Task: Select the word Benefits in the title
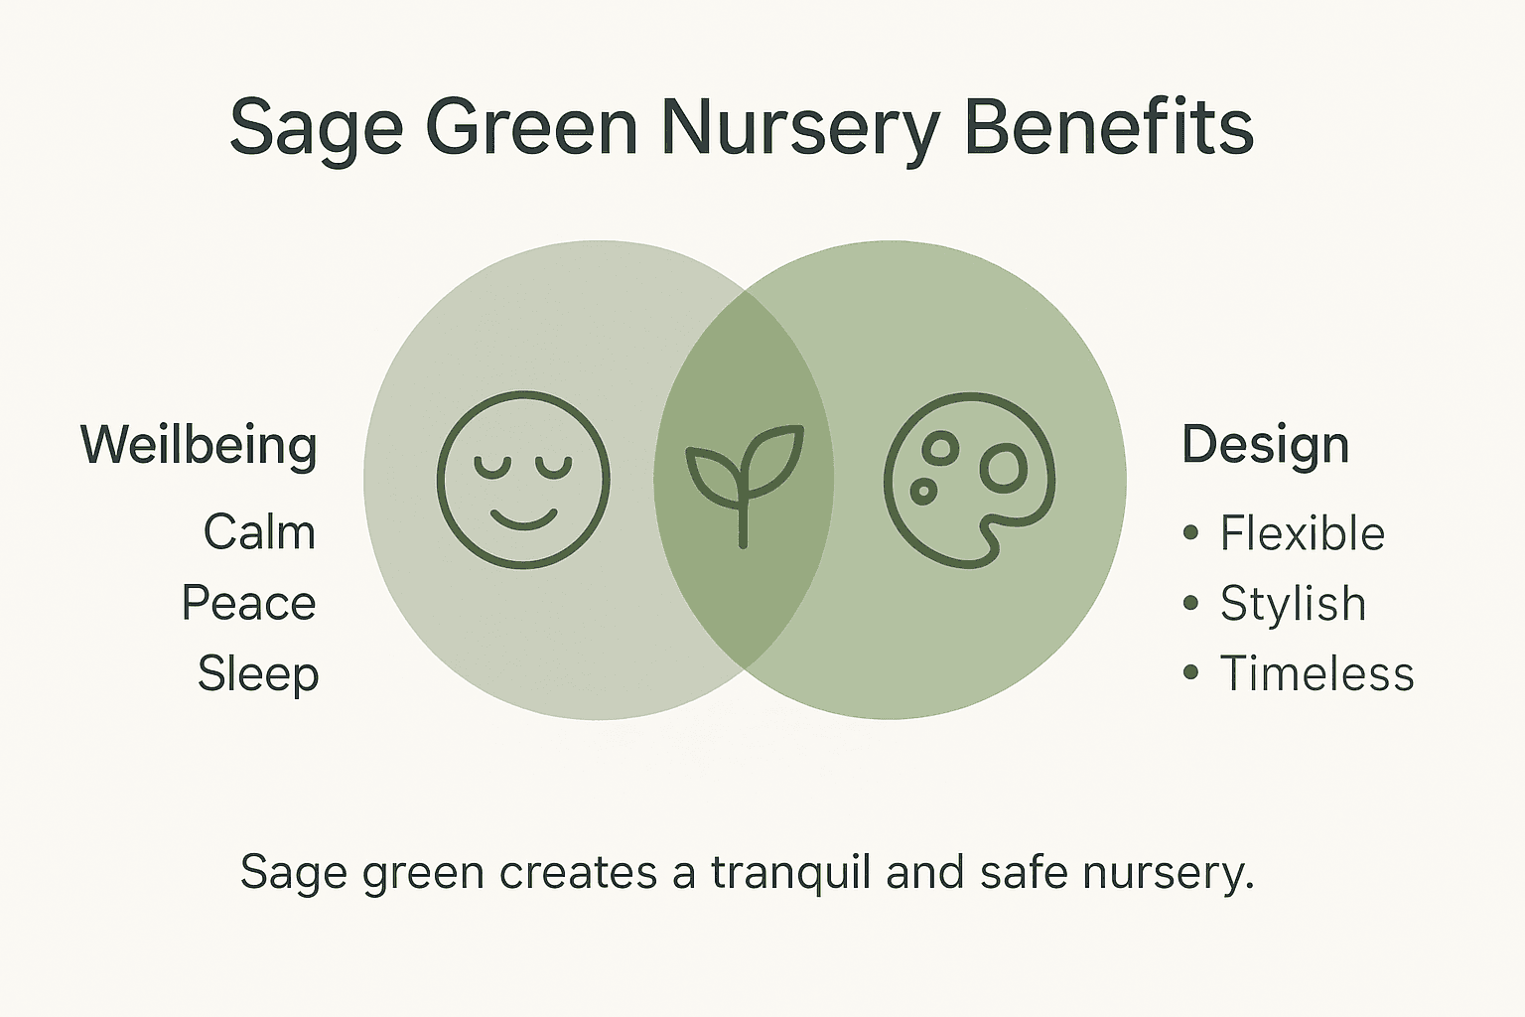(x=1109, y=127)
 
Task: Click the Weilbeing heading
(x=199, y=445)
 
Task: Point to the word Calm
(x=259, y=532)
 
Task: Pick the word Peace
(x=248, y=603)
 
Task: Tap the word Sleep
(x=258, y=673)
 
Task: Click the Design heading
(x=1265, y=444)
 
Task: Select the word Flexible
(x=1302, y=533)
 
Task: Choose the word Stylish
(x=1293, y=603)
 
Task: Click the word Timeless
(x=1317, y=673)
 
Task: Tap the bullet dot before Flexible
(x=1191, y=533)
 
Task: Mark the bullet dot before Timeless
(x=1191, y=673)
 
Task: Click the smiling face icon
(x=523, y=480)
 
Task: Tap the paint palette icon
(x=969, y=480)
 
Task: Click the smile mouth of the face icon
(x=524, y=518)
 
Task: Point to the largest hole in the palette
(x=1004, y=469)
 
